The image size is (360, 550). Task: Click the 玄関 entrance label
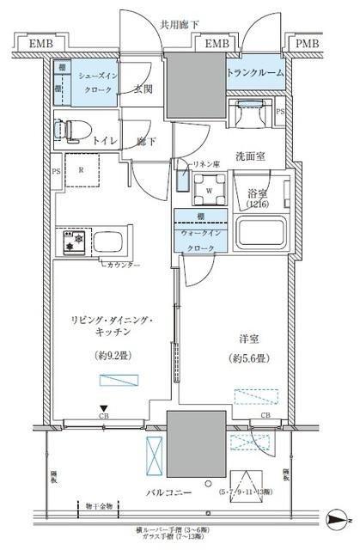(x=143, y=89)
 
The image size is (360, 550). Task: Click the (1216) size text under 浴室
(x=258, y=205)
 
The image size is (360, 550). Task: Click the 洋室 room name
(x=247, y=338)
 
